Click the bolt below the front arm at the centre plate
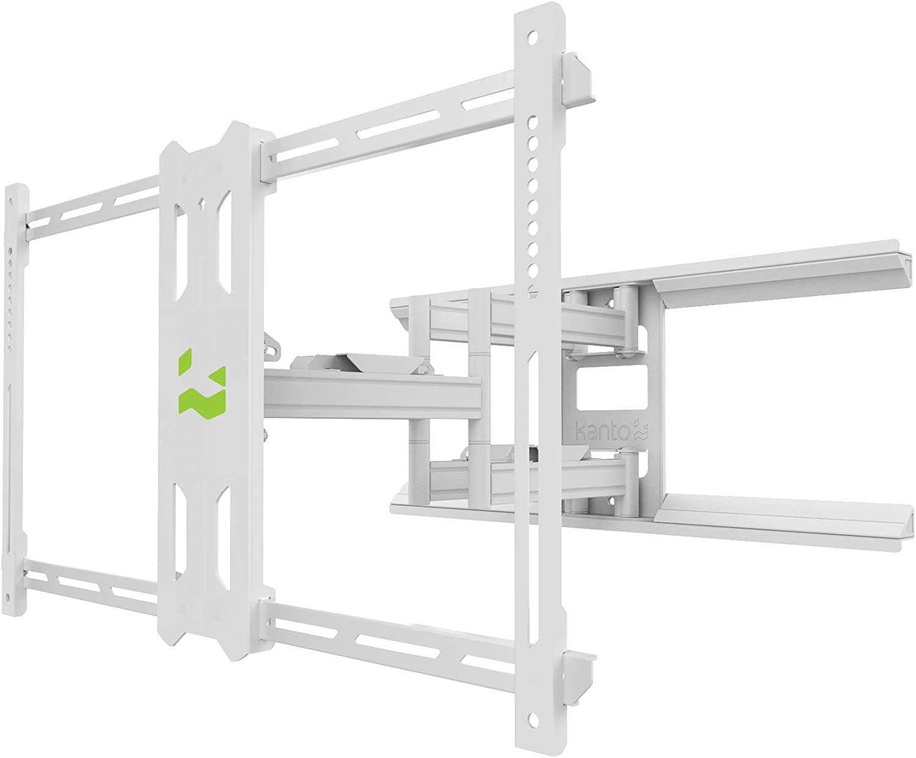266,435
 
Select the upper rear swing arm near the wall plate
550,320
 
